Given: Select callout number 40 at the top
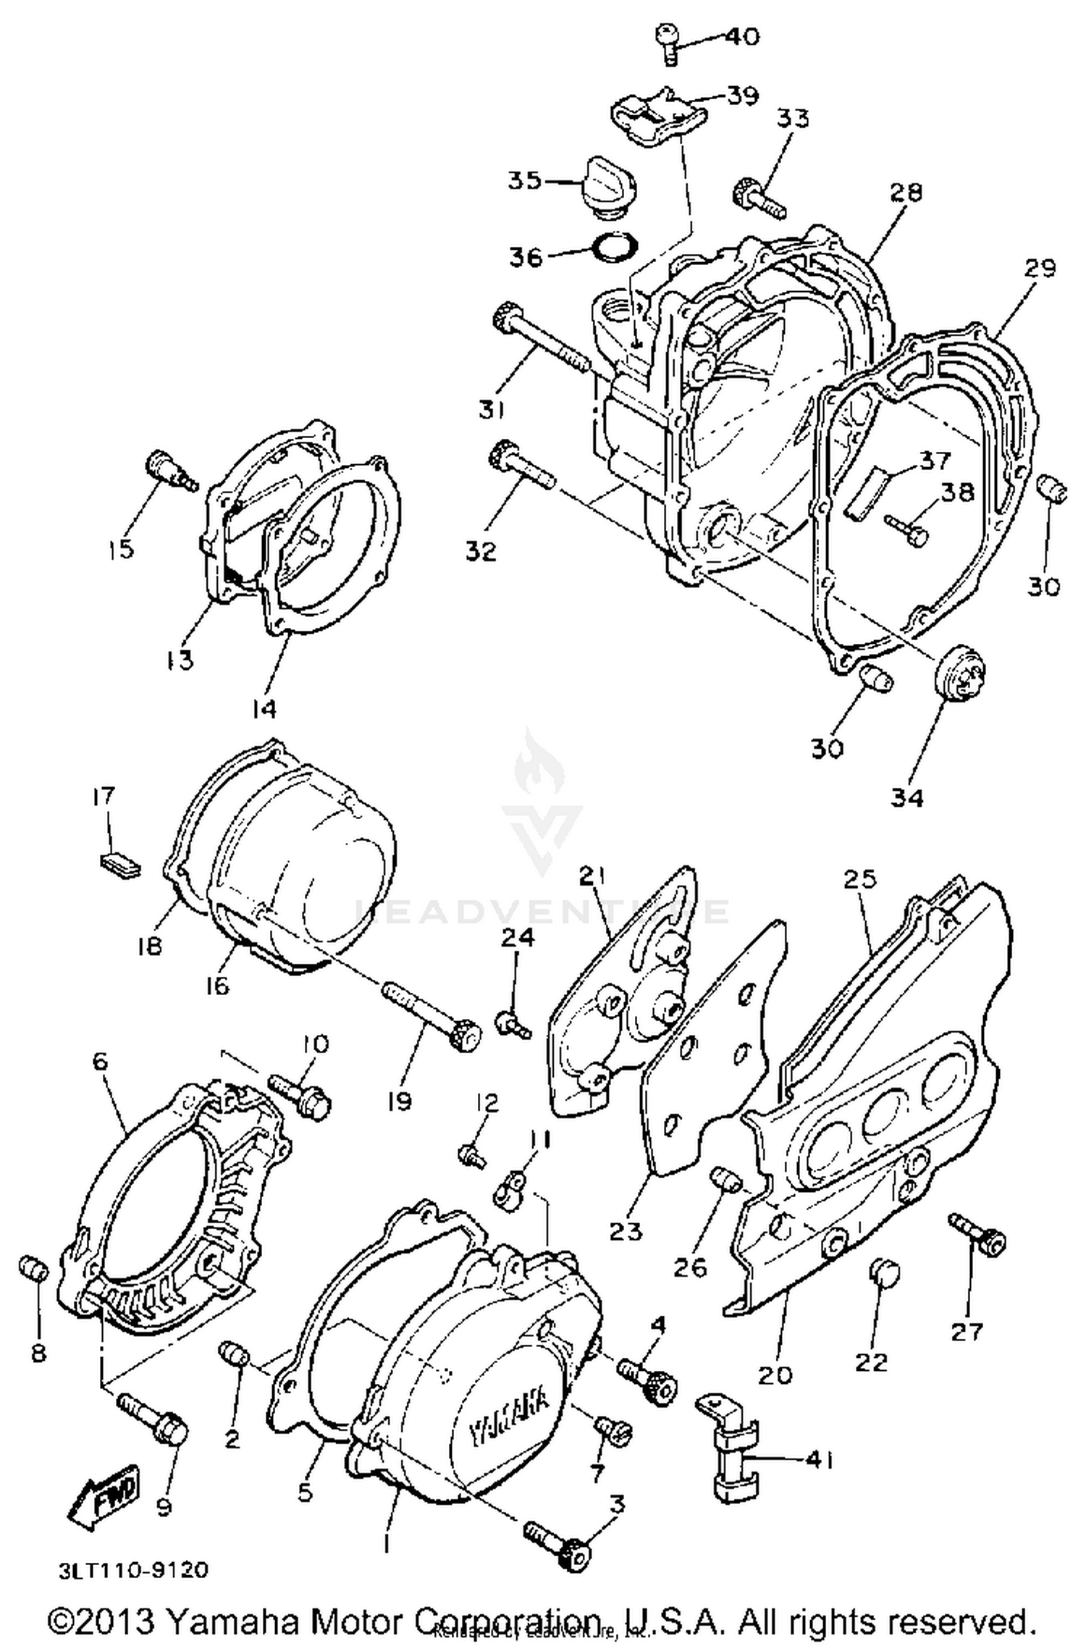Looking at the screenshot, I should click(x=733, y=36).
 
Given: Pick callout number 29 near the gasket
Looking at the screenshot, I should click(x=1040, y=268).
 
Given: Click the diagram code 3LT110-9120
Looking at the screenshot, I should click(x=134, y=1569).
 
